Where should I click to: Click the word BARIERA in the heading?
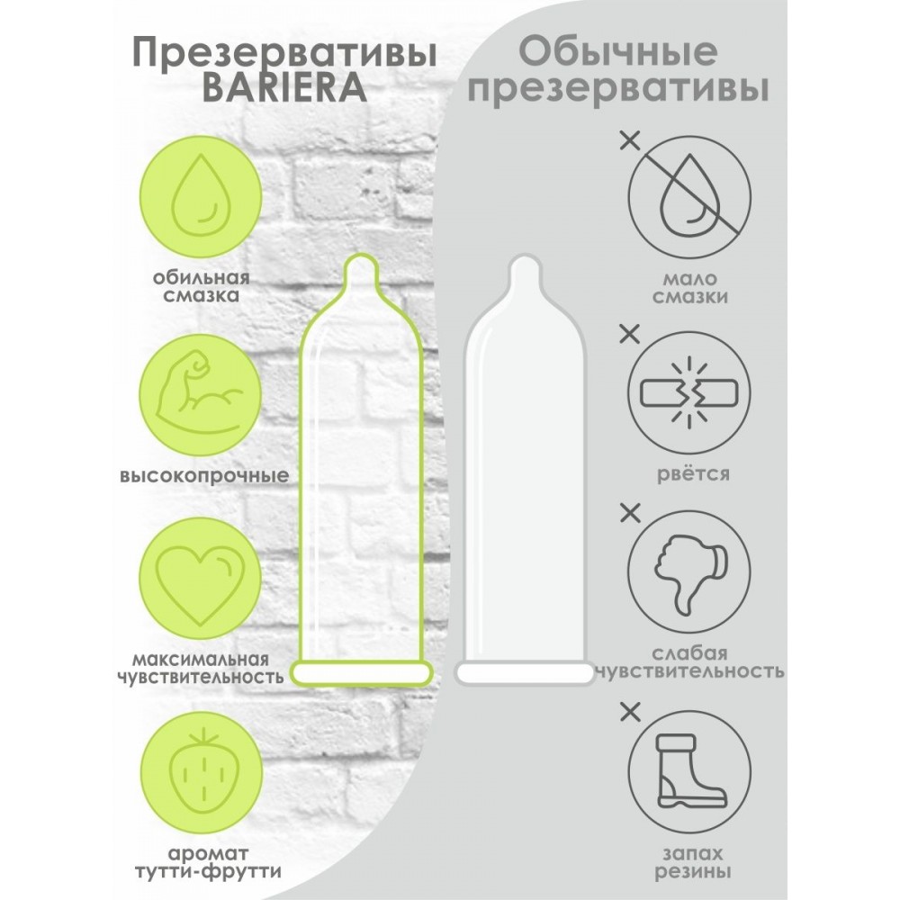284,88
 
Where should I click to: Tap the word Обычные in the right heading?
618,51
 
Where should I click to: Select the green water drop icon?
201,195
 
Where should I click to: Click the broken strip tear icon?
688,393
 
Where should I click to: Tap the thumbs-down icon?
688,572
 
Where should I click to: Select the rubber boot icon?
688,771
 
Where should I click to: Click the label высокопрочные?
204,476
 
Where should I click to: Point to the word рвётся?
693,474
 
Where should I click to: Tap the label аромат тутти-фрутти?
208,863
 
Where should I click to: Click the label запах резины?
693,863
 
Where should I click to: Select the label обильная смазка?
202,286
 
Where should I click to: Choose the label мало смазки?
690,288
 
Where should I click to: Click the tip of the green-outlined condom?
362,256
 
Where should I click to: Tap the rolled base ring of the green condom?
362,672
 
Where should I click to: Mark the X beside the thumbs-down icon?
630,514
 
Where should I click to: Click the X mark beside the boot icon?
630,713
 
